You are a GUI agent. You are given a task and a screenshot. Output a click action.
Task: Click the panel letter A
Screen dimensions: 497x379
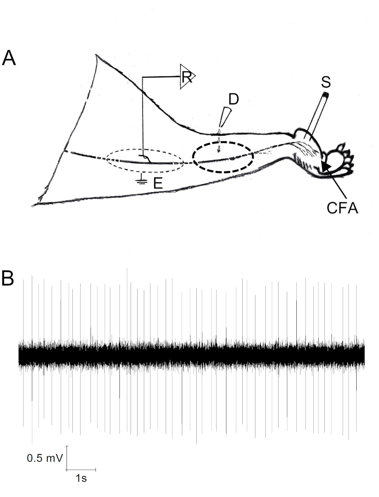coord(9,58)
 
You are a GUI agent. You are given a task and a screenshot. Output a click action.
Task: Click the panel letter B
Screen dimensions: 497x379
coord(8,279)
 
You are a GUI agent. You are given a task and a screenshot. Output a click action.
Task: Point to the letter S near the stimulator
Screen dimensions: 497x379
coord(326,83)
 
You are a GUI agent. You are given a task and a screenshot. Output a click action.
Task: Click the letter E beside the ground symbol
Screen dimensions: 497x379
coord(157,183)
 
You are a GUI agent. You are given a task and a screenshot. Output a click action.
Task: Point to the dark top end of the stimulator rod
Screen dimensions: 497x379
coord(326,96)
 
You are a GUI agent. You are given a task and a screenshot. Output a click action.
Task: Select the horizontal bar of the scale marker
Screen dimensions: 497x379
coord(81,470)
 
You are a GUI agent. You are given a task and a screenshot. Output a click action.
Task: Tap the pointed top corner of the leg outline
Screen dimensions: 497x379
coord(96,55)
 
